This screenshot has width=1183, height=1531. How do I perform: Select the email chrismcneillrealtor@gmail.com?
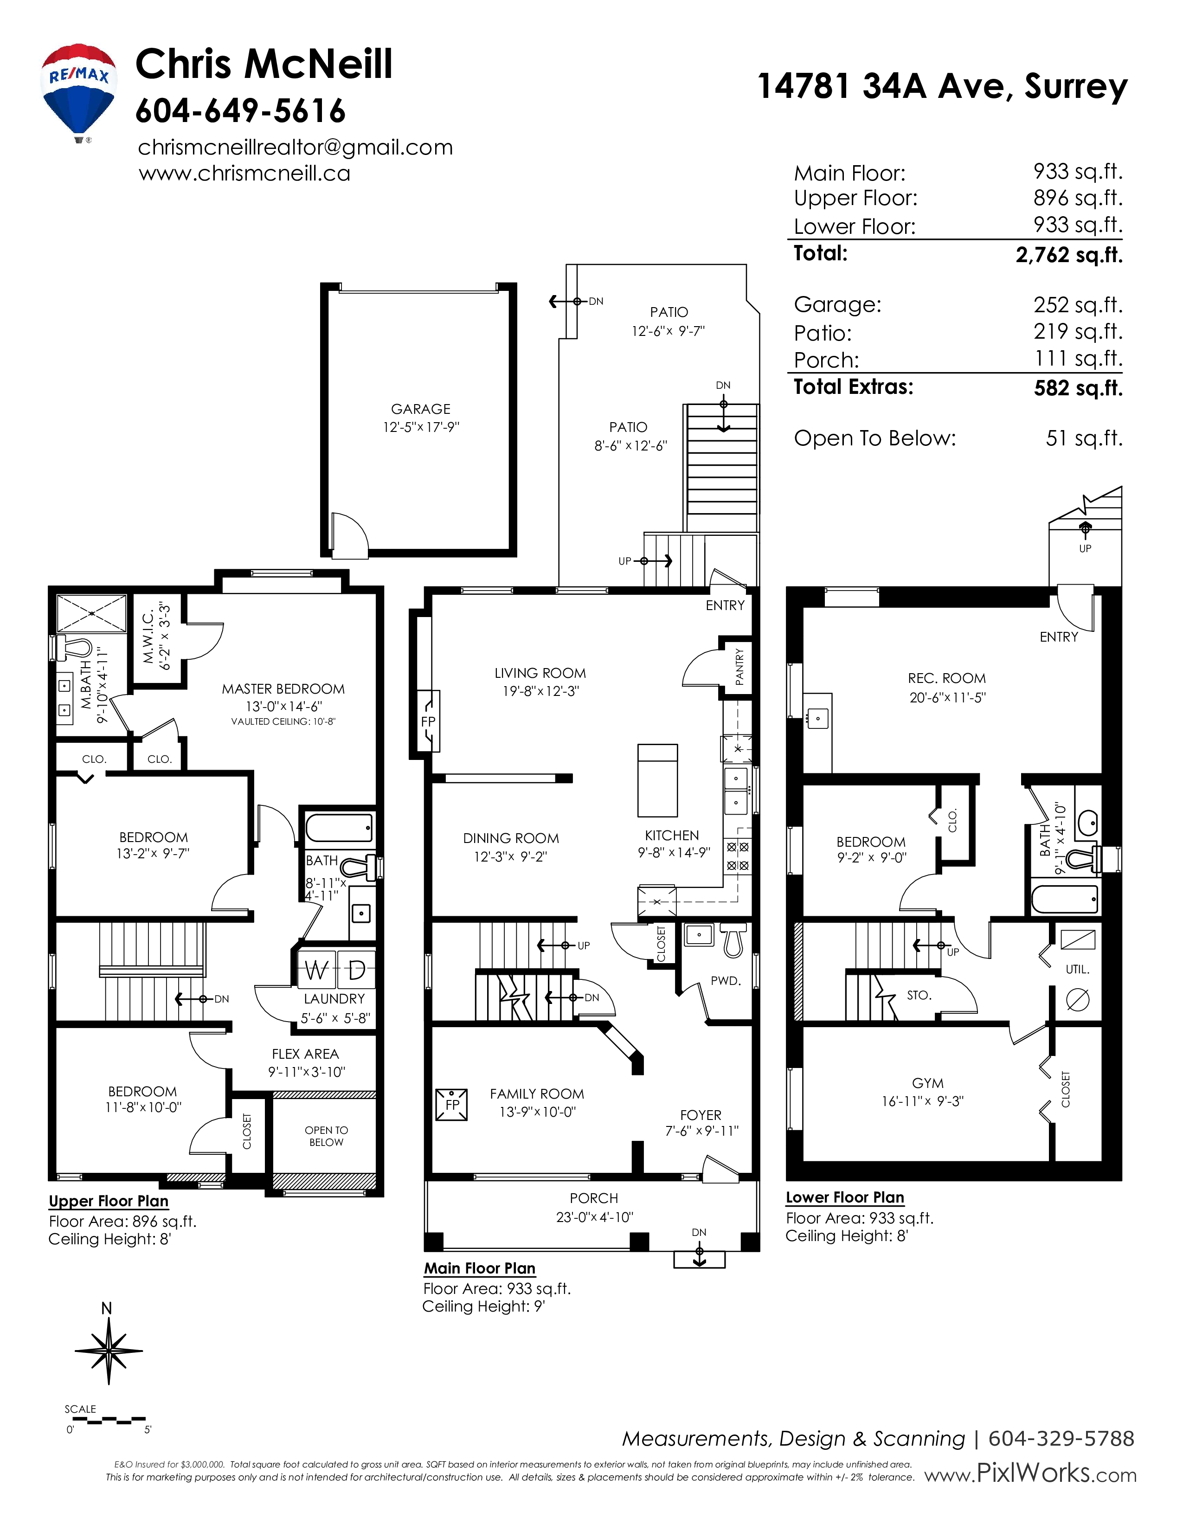[x=295, y=147]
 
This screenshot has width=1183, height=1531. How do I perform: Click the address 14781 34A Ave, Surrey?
[x=943, y=86]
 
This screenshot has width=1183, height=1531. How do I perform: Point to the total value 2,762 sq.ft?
[x=1069, y=254]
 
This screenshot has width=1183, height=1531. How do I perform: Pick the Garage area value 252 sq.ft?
[x=1078, y=305]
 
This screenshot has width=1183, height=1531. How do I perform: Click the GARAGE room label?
[x=420, y=409]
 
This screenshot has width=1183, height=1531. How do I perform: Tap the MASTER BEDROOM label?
[x=283, y=689]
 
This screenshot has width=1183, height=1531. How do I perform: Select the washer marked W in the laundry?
[x=317, y=970]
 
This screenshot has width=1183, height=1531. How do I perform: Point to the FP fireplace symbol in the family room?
[x=451, y=1105]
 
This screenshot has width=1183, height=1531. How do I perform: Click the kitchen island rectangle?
[x=657, y=780]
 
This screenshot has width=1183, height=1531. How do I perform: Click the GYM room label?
[x=928, y=1083]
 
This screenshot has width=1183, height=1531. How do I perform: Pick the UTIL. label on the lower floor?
[x=1077, y=970]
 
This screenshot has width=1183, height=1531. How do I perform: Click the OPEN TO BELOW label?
[x=326, y=1136]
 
